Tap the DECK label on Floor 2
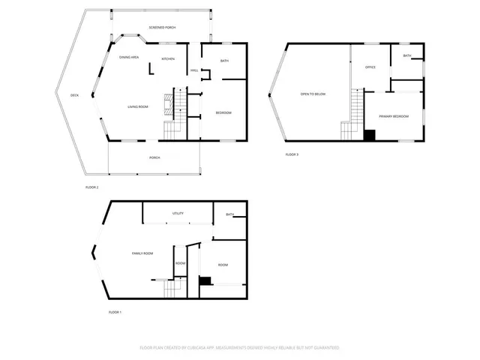coord(74,95)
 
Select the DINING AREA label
coord(129,58)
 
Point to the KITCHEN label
coord(169,58)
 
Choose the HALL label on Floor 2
coord(194,70)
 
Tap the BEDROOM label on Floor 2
coord(223,113)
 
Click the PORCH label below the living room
coord(154,157)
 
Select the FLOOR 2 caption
coord(91,187)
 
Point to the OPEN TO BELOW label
coord(313,94)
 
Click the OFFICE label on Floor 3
coord(370,67)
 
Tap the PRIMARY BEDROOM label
coord(394,116)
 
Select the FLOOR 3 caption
coord(292,154)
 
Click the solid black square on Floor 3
coord(369,136)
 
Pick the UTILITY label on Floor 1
coord(178,214)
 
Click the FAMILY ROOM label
coord(142,253)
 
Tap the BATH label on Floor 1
coord(229,215)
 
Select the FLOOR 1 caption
coord(115,311)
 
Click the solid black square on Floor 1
coord(204,280)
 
